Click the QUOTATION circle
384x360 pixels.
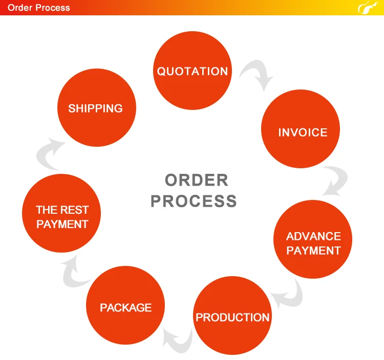pyautogui.click(x=193, y=71)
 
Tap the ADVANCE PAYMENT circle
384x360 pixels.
pyautogui.click(x=313, y=243)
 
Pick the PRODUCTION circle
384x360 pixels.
pyautogui.click(x=232, y=317)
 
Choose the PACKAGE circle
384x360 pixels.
pyautogui.click(x=125, y=307)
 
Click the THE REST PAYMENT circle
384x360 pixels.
pyautogui.click(x=62, y=217)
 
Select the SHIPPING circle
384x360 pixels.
pyautogui.click(x=96, y=108)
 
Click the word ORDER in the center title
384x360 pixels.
pyautogui.click(x=196, y=180)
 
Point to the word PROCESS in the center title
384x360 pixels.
pyautogui.click(x=194, y=201)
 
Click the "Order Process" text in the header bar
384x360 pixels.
pyautogui.click(x=39, y=8)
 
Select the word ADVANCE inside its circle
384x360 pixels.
pyautogui.click(x=313, y=236)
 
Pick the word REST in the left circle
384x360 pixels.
pyautogui.click(x=75, y=210)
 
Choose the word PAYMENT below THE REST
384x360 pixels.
pyautogui.click(x=62, y=224)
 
